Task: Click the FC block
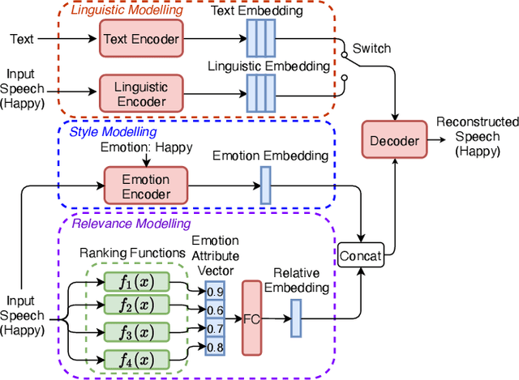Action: (252, 318)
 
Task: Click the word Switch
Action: (371, 49)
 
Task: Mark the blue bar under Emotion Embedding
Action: (265, 185)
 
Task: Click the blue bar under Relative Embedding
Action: (295, 318)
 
